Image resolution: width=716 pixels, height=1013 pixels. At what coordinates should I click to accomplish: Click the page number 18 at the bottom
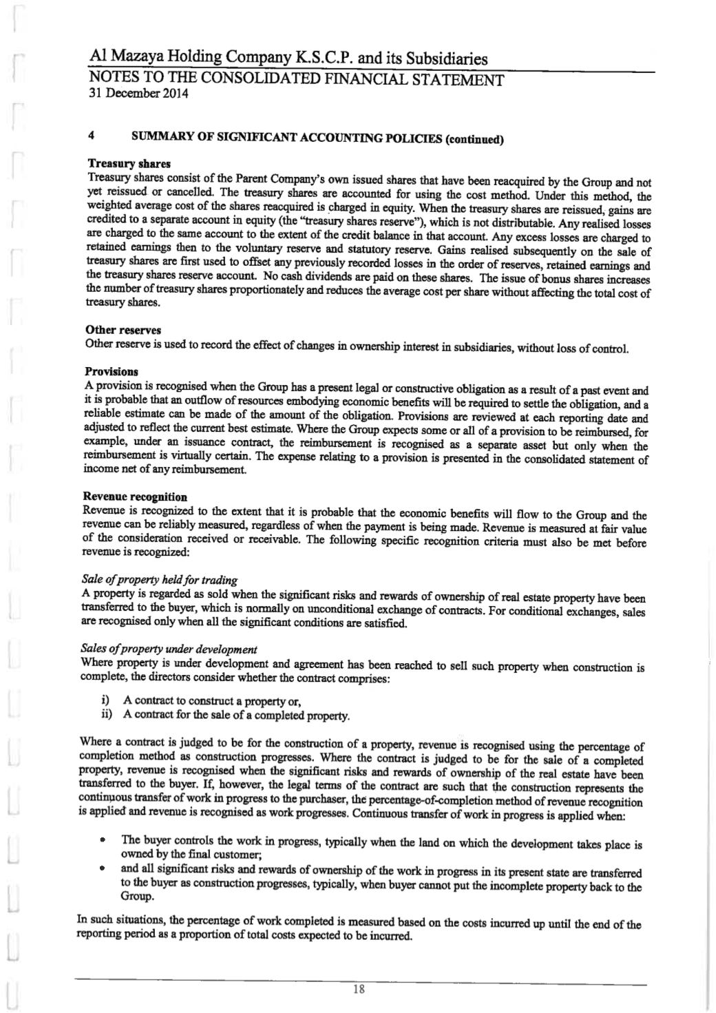358,990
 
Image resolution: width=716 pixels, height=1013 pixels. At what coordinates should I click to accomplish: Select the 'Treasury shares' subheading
120,164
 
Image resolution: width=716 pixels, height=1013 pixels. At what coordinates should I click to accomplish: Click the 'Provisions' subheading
111,372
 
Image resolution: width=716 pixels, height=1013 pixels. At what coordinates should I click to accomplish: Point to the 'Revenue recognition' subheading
134,497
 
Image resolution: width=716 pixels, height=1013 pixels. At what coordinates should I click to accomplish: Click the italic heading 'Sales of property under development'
169,649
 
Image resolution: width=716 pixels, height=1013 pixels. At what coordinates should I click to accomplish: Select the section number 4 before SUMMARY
91,136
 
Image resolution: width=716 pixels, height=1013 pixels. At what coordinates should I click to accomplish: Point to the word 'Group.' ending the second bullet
136,898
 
